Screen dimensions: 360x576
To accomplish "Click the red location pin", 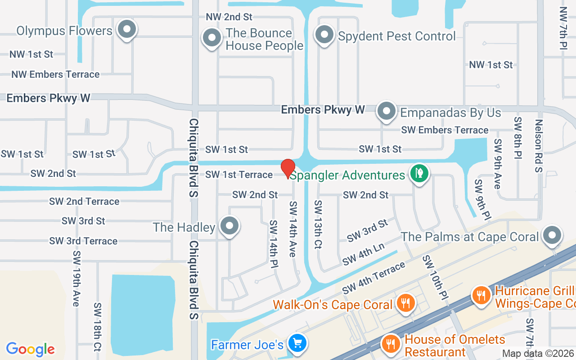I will pos(288,168).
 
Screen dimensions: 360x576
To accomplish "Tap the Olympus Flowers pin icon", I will pos(127,30).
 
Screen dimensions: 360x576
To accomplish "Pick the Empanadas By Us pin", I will pos(386,111).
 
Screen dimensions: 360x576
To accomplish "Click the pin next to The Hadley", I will pos(230,226).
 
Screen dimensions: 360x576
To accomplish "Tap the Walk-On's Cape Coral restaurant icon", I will pos(405,304).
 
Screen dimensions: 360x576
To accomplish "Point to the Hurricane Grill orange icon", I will pos(481,295).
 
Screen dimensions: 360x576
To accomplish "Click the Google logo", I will pos(31,349).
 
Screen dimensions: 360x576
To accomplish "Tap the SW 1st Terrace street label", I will pos(239,175).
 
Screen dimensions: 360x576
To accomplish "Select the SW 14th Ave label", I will pos(293,229).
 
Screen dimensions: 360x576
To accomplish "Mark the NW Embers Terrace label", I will pos(55,74).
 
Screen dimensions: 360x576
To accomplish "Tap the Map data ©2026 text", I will pos(538,354).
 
